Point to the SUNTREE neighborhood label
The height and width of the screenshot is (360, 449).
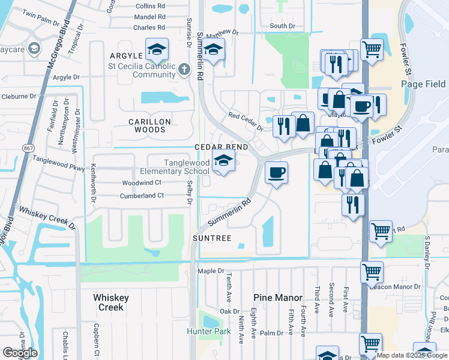tap(212, 239)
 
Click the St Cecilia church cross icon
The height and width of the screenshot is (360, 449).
tap(184, 70)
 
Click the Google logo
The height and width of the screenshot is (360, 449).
tap(20, 353)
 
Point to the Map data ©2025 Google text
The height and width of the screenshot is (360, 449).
tap(412, 355)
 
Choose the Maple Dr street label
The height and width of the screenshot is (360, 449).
tap(211, 271)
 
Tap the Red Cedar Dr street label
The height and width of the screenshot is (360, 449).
tap(246, 122)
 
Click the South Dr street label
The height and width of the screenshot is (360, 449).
tap(282, 26)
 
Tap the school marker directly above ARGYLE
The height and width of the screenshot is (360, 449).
tap(157, 50)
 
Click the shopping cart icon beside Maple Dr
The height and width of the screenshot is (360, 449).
tap(372, 271)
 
